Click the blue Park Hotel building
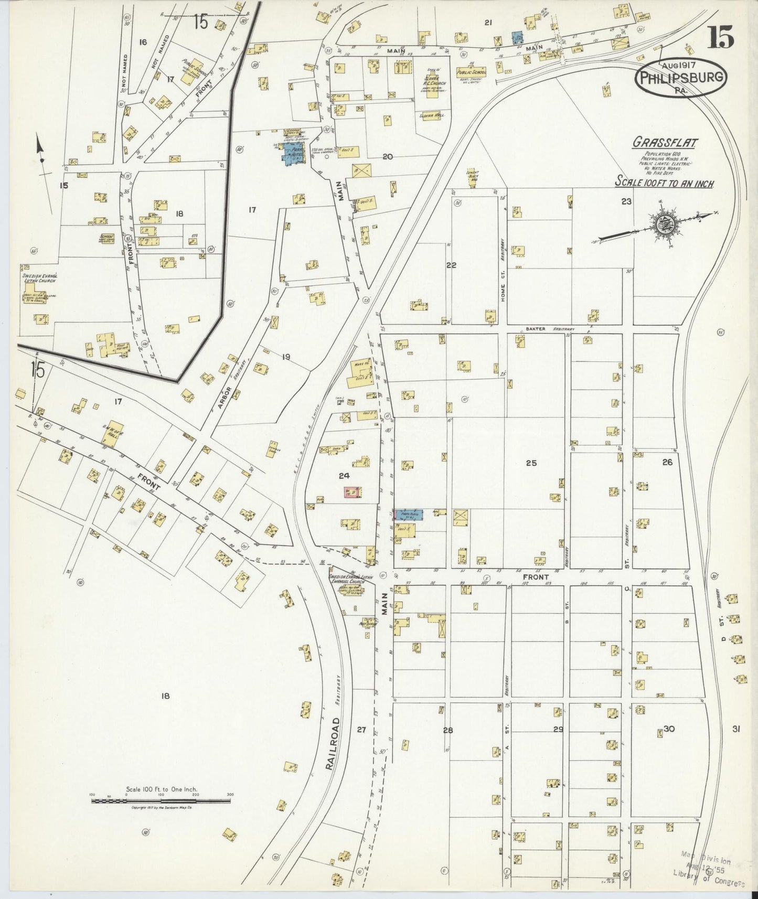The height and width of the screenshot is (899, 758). [291, 154]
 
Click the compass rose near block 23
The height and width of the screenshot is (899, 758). [663, 224]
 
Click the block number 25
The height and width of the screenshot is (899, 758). [531, 463]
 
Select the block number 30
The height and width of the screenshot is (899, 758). [669, 729]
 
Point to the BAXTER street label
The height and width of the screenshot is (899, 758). [535, 329]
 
